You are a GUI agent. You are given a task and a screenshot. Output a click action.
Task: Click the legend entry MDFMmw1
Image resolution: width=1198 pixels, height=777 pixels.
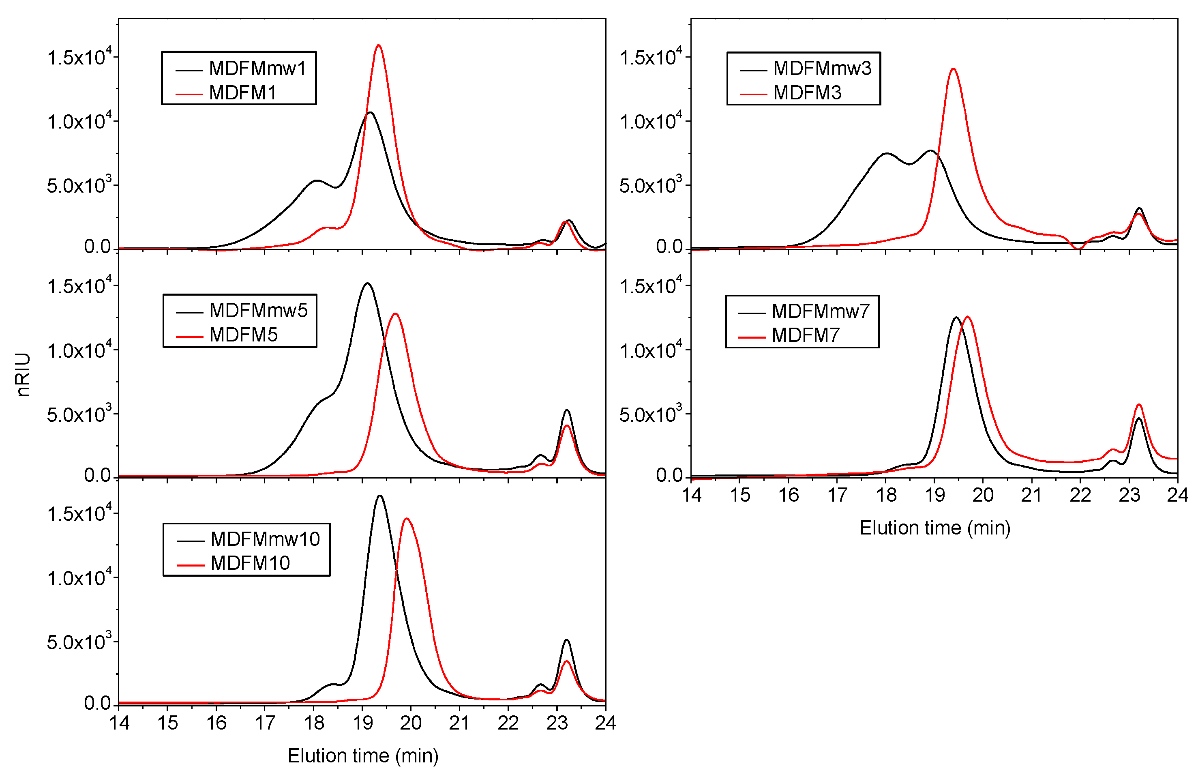click(257, 69)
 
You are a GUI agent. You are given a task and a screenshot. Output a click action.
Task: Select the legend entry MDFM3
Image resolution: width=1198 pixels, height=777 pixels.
click(807, 92)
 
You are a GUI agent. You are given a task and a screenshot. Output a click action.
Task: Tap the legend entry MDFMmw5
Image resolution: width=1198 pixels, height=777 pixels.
click(258, 311)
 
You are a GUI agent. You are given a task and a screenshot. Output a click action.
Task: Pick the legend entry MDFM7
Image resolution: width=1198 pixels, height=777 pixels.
click(806, 335)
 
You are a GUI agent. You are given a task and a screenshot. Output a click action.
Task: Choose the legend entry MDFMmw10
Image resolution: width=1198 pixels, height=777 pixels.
click(265, 539)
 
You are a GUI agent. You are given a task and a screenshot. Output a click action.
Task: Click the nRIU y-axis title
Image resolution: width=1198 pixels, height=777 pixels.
click(23, 375)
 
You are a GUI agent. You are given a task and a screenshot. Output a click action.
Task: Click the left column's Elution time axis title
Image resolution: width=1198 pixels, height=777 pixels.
click(363, 756)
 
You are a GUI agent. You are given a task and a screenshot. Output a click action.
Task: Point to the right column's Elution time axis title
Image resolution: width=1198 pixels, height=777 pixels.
click(935, 528)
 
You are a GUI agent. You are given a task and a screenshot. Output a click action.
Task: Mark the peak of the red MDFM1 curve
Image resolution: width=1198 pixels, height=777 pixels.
click(379, 45)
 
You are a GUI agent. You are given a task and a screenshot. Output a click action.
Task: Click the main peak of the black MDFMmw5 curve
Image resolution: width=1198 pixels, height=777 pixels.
click(367, 283)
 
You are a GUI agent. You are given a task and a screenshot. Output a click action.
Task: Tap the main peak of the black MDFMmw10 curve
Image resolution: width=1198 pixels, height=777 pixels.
click(379, 496)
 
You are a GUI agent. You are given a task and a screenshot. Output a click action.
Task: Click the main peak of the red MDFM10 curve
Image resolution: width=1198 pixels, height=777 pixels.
click(407, 519)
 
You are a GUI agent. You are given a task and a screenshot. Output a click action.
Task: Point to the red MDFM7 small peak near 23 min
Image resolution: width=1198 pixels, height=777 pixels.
click(1138, 405)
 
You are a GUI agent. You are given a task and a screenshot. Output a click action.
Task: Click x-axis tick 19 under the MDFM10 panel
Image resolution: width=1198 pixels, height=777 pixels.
click(362, 723)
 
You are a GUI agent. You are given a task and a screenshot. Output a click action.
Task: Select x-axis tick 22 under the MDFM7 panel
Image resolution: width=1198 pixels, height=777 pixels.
click(1080, 496)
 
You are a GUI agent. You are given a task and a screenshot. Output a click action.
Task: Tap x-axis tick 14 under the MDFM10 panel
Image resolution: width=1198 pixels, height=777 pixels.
click(119, 723)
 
